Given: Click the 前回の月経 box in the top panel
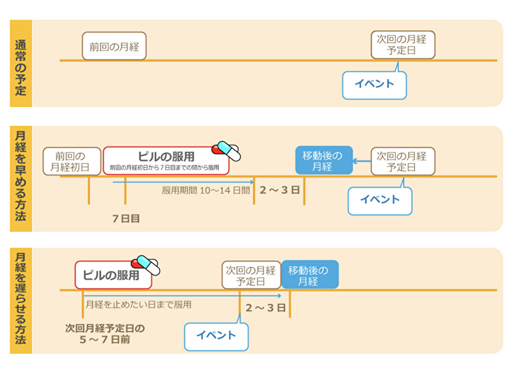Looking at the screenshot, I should pos(114,46).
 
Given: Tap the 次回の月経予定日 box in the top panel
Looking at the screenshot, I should pos(403,45).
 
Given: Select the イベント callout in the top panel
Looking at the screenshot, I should pos(374,84).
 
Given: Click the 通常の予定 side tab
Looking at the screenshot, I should pos(21,63).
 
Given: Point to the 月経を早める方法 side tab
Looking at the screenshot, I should pos(21,178).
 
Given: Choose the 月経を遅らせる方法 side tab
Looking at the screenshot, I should pos(21,300).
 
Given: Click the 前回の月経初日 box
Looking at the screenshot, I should pos(72,161).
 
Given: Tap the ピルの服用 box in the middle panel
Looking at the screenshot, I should pos(166,161).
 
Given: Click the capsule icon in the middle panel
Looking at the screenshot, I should pos(227,150).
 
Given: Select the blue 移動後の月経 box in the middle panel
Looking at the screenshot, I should pos(323,161).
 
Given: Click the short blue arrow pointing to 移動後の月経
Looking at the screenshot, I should pos(362,161).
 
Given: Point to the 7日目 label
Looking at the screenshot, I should pos(126,218).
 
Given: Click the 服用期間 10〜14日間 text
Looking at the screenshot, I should pos(205,190).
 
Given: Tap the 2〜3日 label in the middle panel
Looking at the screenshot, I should pos(279,190).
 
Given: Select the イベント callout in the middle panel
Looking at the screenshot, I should pos(380,200).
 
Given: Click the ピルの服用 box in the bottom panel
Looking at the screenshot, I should pos(113,275).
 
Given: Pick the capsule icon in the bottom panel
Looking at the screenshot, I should pos(146,265).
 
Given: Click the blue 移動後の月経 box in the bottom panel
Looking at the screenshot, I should pos(309,275).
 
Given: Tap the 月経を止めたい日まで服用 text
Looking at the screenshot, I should pos(138,304).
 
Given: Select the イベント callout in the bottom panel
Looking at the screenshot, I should pos(216,336).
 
